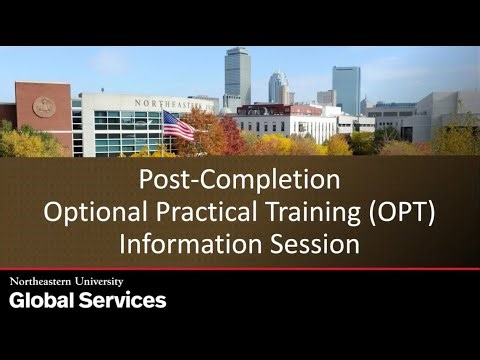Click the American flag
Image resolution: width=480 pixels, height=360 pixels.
point(178,125)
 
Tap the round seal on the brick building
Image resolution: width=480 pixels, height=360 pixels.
point(44,107)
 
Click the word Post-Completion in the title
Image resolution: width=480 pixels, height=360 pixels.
point(239,181)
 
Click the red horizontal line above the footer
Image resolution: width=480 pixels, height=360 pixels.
point(240,268)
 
